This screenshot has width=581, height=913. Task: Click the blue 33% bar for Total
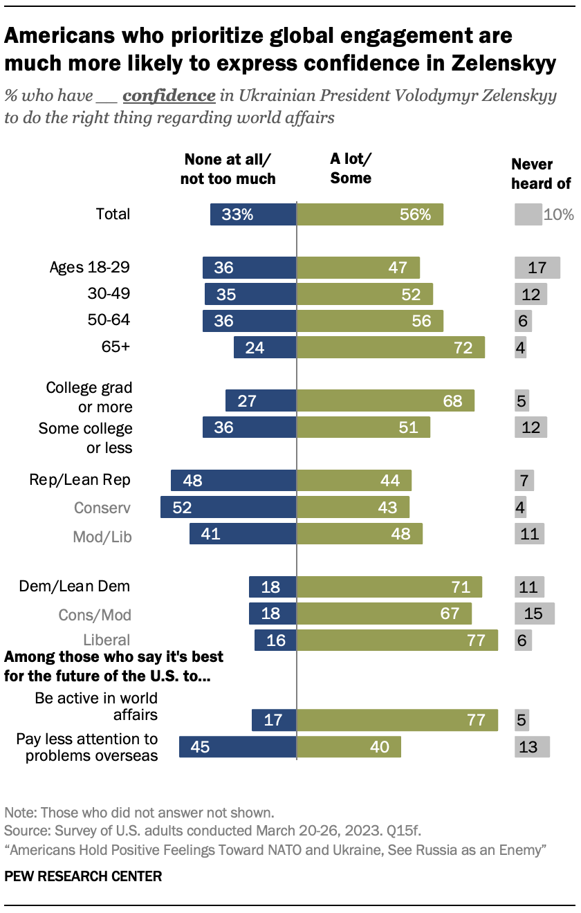(253, 214)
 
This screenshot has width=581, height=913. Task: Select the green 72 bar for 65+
(390, 347)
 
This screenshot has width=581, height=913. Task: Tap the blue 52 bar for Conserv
(228, 507)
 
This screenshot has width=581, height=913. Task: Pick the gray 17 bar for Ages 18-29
(537, 267)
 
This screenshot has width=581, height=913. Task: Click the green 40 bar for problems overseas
(349, 747)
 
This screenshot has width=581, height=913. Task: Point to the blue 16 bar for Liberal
(275, 640)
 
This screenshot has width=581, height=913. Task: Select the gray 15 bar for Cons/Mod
(534, 614)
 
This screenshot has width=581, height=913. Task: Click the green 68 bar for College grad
(385, 400)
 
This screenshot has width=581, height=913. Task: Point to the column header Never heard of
(541, 174)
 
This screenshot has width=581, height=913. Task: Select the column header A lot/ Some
(351, 168)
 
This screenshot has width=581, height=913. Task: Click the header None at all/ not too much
(230, 169)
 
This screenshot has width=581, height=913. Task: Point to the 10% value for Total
(559, 214)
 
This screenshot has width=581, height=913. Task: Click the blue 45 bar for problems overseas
(238, 747)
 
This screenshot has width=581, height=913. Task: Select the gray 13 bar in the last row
(532, 747)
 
